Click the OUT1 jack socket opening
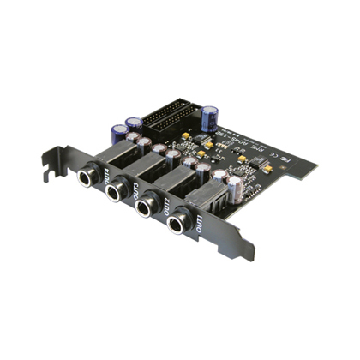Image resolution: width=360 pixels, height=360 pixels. click(x=179, y=225)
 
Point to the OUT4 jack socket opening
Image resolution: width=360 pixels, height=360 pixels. click(x=87, y=177)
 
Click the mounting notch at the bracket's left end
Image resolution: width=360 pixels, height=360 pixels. click(x=49, y=158)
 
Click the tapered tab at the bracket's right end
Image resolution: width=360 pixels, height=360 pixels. click(x=243, y=249)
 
